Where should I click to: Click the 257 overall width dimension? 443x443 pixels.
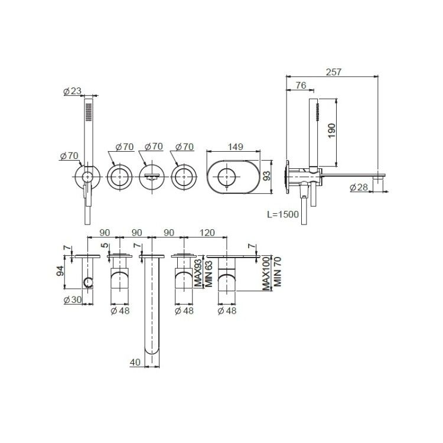334,71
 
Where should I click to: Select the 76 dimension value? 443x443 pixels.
301,85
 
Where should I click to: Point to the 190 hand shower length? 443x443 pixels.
332,131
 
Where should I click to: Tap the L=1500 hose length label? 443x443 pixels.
283,214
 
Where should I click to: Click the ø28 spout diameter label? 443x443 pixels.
359,187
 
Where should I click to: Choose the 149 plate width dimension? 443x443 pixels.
235,146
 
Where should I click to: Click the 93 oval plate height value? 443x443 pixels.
266,175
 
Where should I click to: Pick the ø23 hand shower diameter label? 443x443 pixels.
72,91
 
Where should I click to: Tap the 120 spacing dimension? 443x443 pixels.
207,233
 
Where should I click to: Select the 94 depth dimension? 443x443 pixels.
60,271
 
